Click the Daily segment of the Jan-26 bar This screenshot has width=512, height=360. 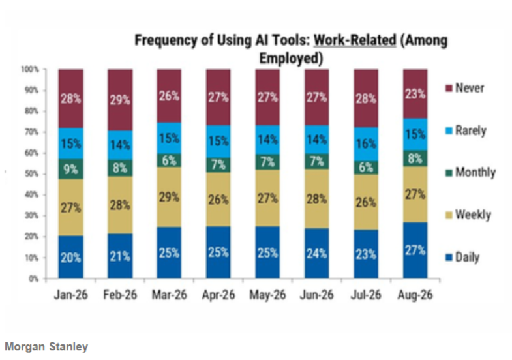pyautogui.click(x=71, y=257)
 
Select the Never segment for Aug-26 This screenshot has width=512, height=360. pyautogui.click(x=415, y=94)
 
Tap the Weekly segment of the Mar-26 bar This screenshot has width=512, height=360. pyautogui.click(x=169, y=197)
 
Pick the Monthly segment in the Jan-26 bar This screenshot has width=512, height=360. pyautogui.click(x=71, y=169)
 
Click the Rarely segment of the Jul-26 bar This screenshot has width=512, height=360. pyautogui.click(x=366, y=144)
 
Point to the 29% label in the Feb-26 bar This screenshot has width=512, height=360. pyautogui.click(x=120, y=100)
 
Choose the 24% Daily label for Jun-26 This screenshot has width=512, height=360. pyautogui.click(x=316, y=254)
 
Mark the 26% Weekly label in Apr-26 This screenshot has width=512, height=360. pyautogui.click(x=218, y=200)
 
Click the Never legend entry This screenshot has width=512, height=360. pyautogui.click(x=464, y=88)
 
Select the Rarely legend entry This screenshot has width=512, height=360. pyautogui.click(x=466, y=130)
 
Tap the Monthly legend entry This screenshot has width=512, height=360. pyautogui.click(x=470, y=172)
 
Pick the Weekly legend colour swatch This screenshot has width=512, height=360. pyautogui.click(x=449, y=215)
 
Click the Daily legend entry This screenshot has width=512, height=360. pyautogui.click(x=462, y=258)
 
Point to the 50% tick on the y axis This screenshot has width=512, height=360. pyautogui.click(x=32, y=174)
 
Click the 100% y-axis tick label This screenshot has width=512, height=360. pyautogui.click(x=30, y=69)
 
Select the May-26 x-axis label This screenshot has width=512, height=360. pyautogui.click(x=267, y=295)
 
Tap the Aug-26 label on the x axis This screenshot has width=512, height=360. pyautogui.click(x=415, y=295)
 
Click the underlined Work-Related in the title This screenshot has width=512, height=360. pyautogui.click(x=355, y=40)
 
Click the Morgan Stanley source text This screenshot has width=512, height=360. pyautogui.click(x=46, y=346)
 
